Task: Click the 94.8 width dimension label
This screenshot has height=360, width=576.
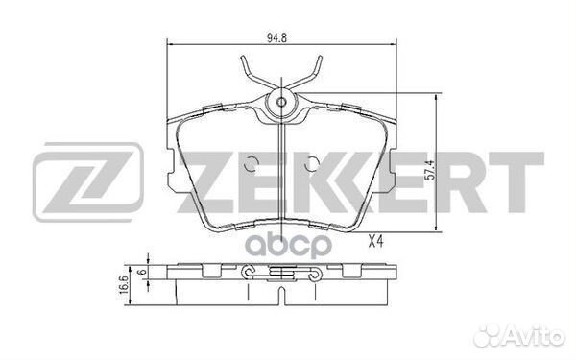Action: (276, 37)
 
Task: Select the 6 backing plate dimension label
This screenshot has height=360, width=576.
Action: (142, 273)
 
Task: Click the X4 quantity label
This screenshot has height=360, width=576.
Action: (375, 242)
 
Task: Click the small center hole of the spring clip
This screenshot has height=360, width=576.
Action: (281, 102)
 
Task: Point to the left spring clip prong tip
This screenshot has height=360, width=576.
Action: (243, 57)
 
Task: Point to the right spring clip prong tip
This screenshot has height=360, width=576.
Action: (321, 57)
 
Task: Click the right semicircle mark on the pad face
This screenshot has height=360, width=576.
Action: (311, 164)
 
